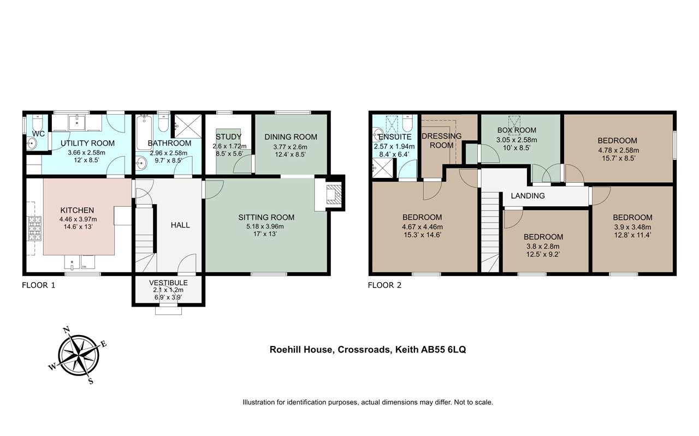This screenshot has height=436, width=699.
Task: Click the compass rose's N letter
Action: click(x=67, y=330)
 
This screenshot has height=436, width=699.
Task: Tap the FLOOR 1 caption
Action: click(x=38, y=285)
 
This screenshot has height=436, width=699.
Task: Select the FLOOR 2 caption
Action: click(x=384, y=285)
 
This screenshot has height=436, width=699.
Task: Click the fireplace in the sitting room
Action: click(x=334, y=194)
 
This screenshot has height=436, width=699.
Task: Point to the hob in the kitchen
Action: click(x=34, y=228)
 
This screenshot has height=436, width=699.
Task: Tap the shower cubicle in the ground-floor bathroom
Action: click(x=188, y=126)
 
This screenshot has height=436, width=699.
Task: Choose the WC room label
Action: click(x=38, y=134)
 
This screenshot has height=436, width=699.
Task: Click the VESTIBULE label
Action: click(x=168, y=283)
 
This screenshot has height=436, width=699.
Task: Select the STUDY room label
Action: click(x=228, y=136)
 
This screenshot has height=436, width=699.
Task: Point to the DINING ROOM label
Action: click(x=291, y=137)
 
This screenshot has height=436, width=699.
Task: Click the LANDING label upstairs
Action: click(x=528, y=196)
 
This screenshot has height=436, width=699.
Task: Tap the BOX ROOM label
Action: click(x=517, y=130)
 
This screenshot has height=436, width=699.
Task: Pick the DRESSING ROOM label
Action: click(x=442, y=141)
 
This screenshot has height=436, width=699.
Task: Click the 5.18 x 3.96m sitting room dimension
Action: click(x=265, y=226)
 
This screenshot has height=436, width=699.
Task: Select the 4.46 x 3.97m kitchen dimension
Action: click(x=78, y=219)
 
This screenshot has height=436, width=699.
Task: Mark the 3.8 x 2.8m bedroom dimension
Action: click(x=543, y=247)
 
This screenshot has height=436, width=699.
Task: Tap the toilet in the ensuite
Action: click(x=407, y=123)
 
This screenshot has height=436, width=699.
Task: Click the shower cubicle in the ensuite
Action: click(x=383, y=169)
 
